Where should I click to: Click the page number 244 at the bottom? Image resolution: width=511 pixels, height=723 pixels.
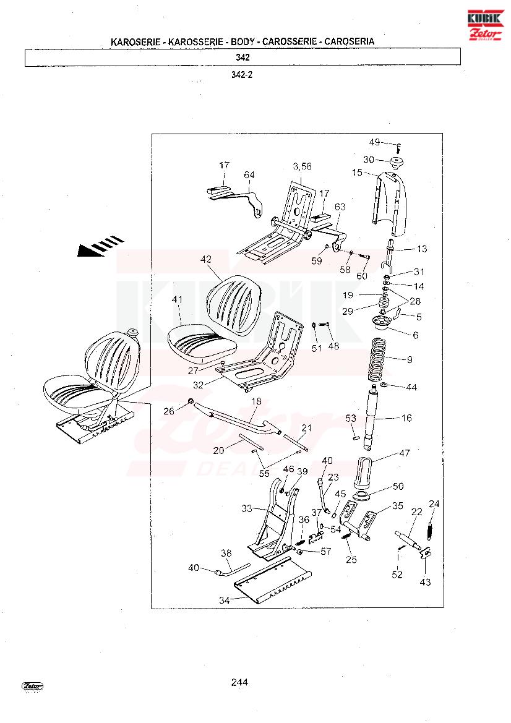pos(239,682)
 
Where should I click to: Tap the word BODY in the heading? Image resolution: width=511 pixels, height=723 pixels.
pos(243,41)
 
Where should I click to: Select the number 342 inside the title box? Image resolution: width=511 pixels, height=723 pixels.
pos(243,57)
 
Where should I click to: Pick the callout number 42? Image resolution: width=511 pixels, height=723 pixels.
pos(205,260)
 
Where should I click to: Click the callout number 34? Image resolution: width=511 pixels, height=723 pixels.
pos(224,600)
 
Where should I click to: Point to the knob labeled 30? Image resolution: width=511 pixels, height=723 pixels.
pos(396,162)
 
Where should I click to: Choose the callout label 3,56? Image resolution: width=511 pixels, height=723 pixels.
pos(302,166)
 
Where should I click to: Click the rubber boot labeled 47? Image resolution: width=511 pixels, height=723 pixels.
pos(364,471)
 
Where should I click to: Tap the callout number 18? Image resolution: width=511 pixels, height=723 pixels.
pos(256,401)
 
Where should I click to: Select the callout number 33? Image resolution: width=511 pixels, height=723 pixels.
pos(247,508)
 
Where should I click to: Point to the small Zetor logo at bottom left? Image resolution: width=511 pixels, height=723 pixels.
pos(32,686)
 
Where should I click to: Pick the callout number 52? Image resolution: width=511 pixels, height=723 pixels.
pos(397,575)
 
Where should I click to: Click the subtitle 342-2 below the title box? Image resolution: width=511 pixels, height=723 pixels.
pos(242,75)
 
